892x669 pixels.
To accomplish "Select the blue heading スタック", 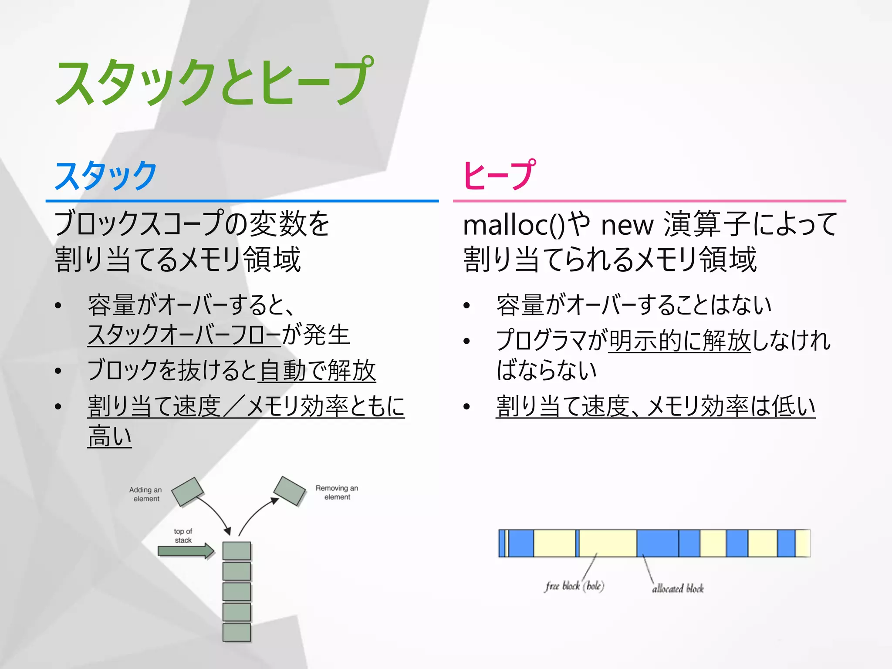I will (105, 175).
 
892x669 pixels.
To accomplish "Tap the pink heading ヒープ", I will (499, 175).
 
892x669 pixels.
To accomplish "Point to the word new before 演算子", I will (627, 226).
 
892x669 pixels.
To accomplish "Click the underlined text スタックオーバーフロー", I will (184, 335).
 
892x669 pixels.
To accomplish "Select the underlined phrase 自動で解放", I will (317, 371).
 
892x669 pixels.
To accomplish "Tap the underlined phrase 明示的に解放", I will (679, 340).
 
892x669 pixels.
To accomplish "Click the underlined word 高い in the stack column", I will (109, 436).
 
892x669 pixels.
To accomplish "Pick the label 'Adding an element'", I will (146, 494).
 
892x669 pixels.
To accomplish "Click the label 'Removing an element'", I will (337, 493).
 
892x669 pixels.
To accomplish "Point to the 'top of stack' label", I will (183, 536).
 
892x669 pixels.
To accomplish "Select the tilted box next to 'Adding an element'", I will (188, 492).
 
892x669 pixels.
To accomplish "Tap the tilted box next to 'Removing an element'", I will (290, 491).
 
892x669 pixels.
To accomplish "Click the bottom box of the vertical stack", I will (237, 632).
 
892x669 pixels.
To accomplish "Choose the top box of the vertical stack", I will (237, 551).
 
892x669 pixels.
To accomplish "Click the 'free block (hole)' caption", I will (574, 586).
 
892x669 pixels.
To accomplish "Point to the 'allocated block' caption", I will (678, 588).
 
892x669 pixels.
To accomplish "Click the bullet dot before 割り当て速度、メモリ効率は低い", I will (467, 407).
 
